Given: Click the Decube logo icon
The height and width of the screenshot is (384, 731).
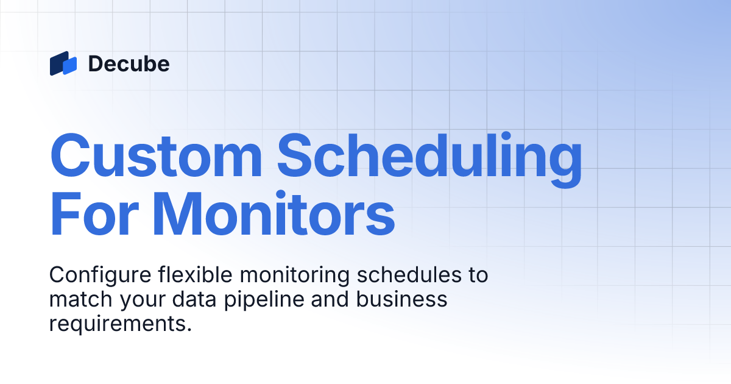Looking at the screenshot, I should point(63,63).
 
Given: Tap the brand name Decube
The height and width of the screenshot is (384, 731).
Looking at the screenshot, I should point(129,63).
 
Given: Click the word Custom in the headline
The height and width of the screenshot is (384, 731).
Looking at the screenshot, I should point(156,155).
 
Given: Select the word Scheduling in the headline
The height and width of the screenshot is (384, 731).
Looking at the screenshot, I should point(430,155).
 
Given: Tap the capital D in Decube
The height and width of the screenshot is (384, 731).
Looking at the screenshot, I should point(95,63).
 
